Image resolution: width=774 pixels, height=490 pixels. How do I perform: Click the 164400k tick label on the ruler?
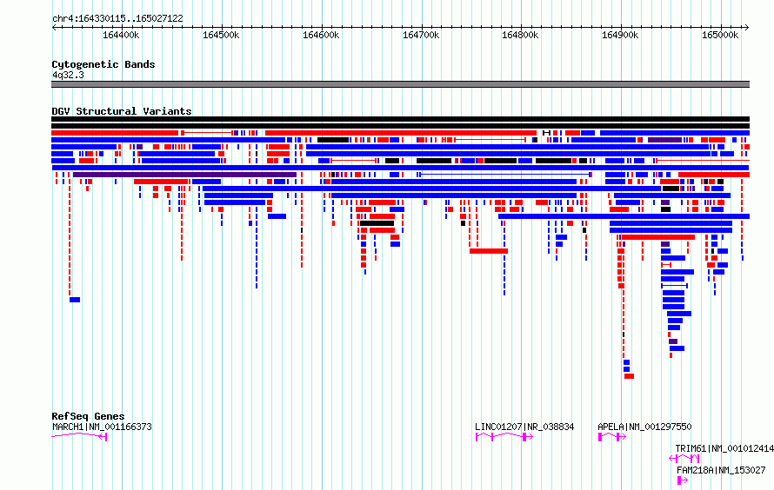click(121, 35)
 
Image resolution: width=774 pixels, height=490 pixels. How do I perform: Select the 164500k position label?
click(221, 35)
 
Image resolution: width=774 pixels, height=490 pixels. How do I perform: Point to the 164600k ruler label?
click(321, 35)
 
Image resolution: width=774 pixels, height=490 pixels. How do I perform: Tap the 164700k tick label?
click(421, 35)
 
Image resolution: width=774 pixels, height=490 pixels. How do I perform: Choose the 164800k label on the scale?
click(520, 35)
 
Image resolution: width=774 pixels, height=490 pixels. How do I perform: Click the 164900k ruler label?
click(620, 35)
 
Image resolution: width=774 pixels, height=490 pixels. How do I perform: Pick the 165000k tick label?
click(720, 35)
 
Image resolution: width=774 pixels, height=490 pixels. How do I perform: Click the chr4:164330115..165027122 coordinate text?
click(117, 18)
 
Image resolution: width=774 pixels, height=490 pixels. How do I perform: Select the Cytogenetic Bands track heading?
click(103, 64)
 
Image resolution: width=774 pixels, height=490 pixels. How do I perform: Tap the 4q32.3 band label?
click(68, 75)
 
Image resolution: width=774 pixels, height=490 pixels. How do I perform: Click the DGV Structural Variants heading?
click(122, 111)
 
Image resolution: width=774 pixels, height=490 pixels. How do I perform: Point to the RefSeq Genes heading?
click(88, 416)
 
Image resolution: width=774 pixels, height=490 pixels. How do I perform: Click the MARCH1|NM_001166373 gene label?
click(102, 427)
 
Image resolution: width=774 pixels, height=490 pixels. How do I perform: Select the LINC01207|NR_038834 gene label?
click(524, 427)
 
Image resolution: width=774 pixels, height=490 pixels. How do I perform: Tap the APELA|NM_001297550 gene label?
click(644, 427)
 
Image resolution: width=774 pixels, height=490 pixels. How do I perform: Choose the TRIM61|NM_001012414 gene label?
click(724, 448)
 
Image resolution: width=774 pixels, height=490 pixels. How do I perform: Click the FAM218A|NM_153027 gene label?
click(721, 470)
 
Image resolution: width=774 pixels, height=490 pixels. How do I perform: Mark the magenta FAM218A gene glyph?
click(682, 480)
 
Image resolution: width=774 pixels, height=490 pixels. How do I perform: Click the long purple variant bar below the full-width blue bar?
click(184, 175)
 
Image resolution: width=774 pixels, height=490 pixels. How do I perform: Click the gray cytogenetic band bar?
click(400, 84)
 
